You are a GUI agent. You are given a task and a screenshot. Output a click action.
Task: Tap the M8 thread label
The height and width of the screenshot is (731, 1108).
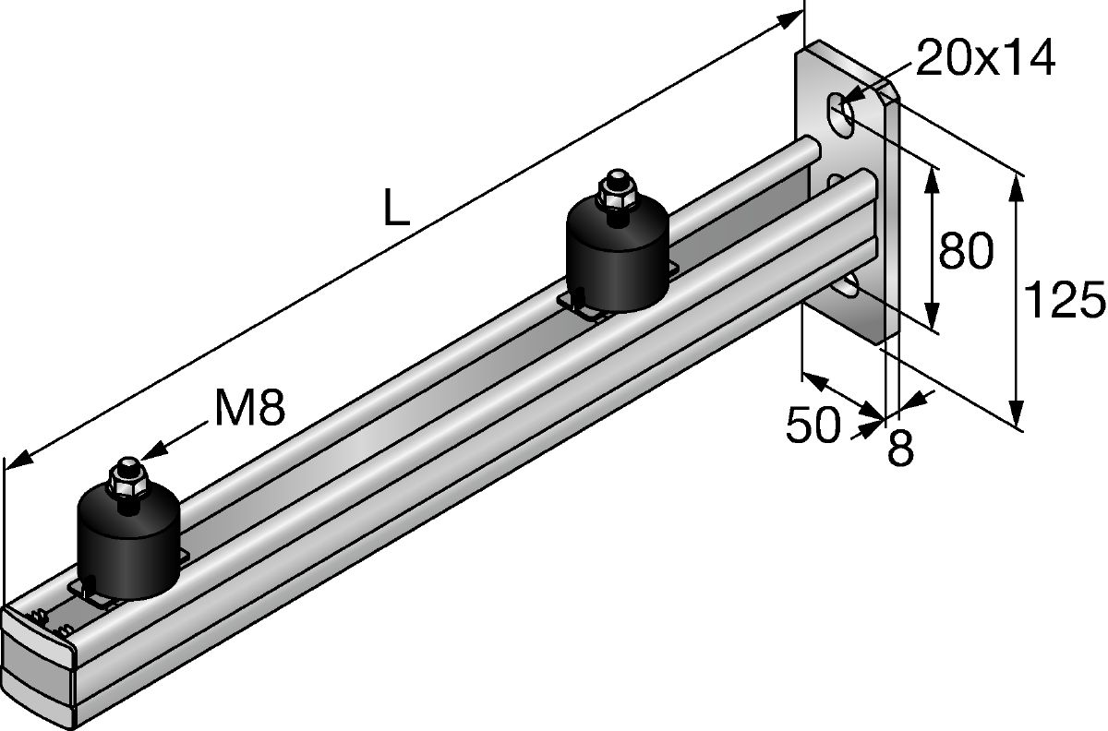(x=247, y=409)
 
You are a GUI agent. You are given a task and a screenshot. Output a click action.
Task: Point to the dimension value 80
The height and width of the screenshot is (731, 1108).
(x=965, y=251)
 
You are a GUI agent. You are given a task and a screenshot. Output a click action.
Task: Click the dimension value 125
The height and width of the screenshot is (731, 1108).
(x=1065, y=300)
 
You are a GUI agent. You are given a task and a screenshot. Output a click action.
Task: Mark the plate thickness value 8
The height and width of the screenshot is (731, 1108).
(x=900, y=449)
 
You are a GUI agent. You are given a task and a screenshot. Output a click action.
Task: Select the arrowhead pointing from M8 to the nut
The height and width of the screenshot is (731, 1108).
(x=153, y=450)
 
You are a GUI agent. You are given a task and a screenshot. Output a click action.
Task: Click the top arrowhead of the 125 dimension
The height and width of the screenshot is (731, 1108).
(x=1016, y=185)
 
